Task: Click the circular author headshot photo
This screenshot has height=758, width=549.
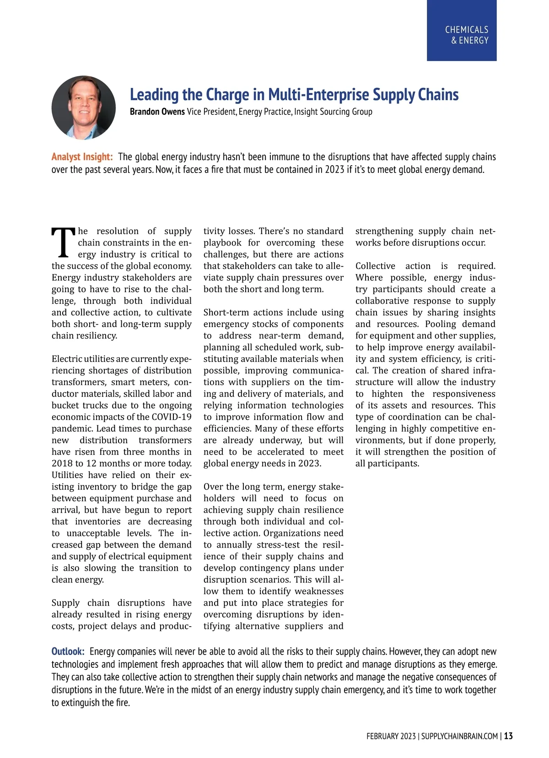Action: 84,108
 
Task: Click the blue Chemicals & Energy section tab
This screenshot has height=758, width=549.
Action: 462,30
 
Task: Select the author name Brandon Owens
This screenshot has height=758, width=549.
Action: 157,112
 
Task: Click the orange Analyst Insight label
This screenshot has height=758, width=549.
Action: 82,157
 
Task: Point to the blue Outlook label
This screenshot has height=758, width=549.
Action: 68,651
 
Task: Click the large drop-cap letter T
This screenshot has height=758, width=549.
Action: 63,242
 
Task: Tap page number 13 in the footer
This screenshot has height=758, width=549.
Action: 508,736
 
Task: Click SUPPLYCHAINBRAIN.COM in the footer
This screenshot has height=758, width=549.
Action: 459,736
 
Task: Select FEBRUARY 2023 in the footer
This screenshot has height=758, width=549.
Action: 391,736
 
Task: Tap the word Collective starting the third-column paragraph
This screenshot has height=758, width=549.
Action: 375,266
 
